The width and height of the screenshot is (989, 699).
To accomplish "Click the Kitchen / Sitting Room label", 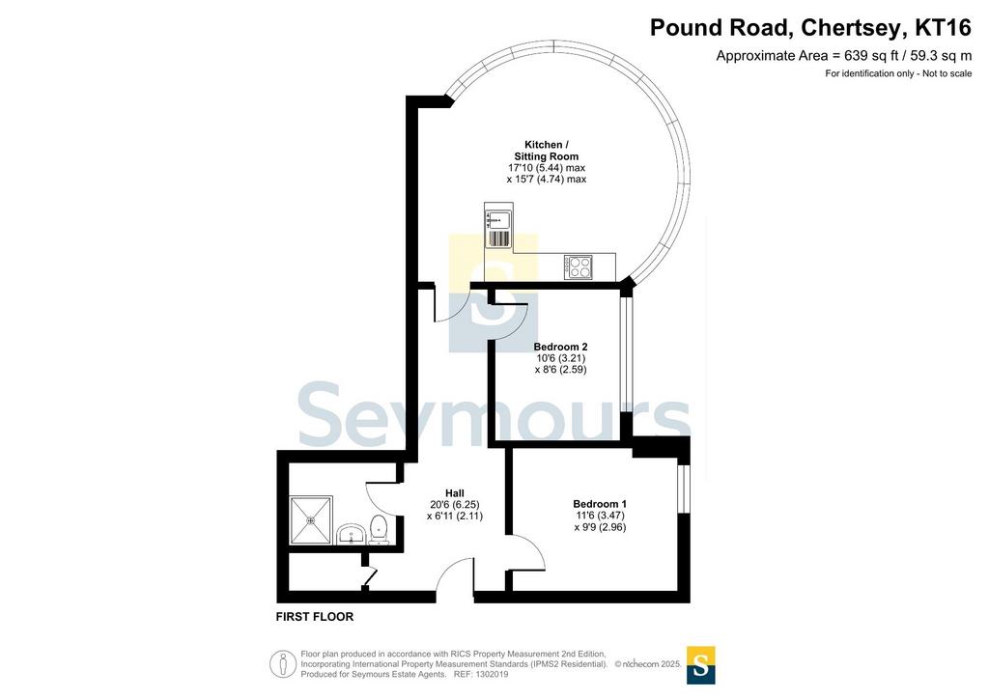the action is pyautogui.click(x=547, y=151).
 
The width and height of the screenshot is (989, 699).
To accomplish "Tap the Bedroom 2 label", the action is pyautogui.click(x=561, y=347).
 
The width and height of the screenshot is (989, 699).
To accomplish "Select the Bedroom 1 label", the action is pyautogui.click(x=600, y=504).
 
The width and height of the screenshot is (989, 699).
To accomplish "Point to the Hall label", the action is pyautogui.click(x=455, y=493).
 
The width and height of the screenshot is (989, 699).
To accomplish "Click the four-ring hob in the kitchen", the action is pyautogui.click(x=579, y=266).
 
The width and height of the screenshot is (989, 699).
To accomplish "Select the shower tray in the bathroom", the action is pyautogui.click(x=310, y=520).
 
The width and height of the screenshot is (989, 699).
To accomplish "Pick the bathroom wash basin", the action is pyautogui.click(x=351, y=535).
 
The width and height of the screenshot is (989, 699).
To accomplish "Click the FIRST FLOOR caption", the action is pyautogui.click(x=315, y=616).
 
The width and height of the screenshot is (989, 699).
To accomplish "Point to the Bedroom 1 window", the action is pyautogui.click(x=683, y=489).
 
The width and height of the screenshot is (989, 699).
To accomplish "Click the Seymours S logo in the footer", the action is pyautogui.click(x=701, y=665).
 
